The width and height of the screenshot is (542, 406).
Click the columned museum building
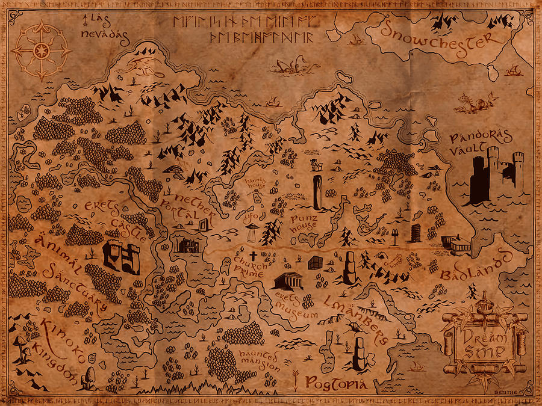coord(287,281)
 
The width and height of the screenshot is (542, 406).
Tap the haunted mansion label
coord(259,359)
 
